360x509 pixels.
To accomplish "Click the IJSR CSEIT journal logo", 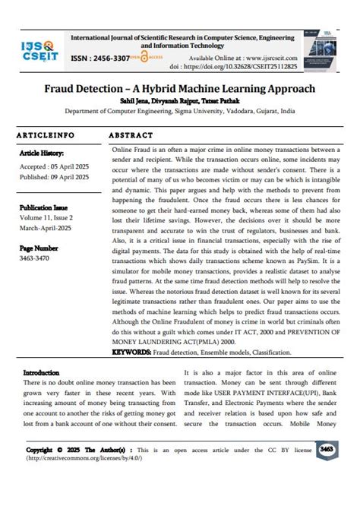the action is (37, 52).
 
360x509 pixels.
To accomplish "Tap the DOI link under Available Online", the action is (251, 67).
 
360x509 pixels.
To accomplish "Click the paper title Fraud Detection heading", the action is (179, 89).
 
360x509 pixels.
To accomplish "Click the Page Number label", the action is (39, 248).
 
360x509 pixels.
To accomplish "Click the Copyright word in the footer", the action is (39, 450).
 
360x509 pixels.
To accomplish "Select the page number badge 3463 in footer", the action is (327, 449).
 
